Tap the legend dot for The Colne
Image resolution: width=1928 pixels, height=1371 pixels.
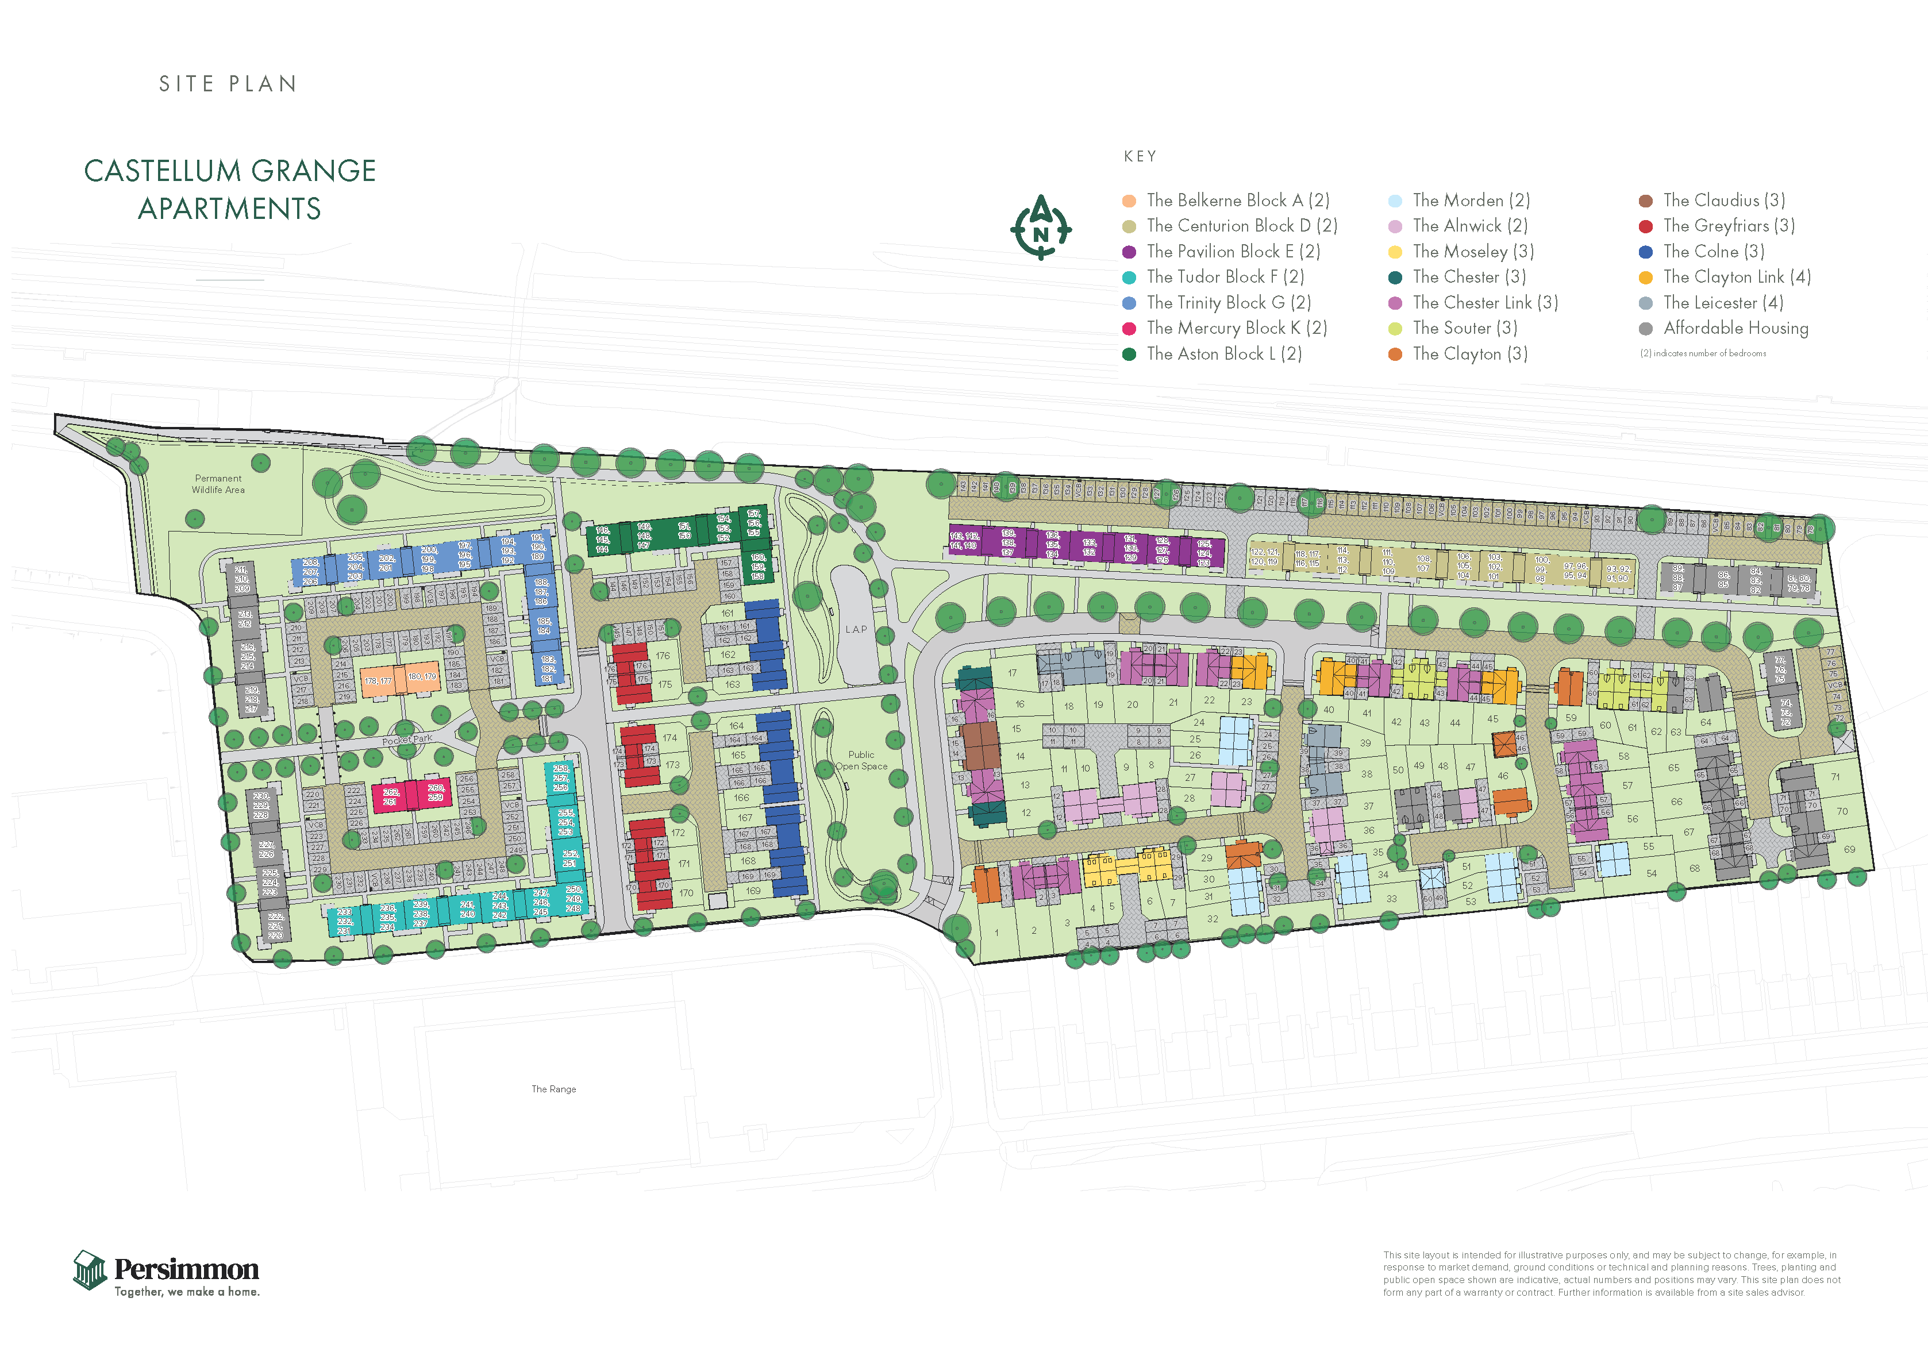point(1645,252)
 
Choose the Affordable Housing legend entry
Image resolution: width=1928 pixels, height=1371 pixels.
point(1735,329)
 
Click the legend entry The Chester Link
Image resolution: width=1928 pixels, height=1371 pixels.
point(1484,302)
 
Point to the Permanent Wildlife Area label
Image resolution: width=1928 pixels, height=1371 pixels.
point(218,484)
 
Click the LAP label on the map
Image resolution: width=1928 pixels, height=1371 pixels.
point(856,629)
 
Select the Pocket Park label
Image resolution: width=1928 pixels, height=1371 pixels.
point(407,740)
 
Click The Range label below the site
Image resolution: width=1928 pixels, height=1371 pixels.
point(554,1089)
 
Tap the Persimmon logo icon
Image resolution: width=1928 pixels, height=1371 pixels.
point(90,1270)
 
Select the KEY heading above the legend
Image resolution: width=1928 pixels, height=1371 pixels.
point(1140,156)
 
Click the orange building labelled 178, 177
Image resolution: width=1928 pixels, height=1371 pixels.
point(378,680)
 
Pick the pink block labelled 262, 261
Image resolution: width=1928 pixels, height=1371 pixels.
point(391,796)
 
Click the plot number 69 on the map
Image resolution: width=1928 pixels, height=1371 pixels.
point(1849,849)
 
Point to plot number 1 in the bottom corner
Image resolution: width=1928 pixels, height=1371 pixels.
point(997,933)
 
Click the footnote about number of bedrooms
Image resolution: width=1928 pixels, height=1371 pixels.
point(1703,354)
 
